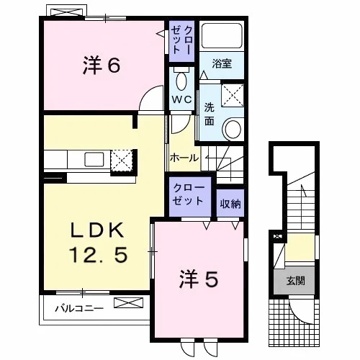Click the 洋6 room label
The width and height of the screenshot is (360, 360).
pyautogui.click(x=102, y=66)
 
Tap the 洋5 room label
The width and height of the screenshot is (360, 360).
pyautogui.click(x=199, y=279)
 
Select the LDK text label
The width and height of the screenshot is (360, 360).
pyautogui.click(x=97, y=230)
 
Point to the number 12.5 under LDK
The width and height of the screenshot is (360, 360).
pyautogui.click(x=98, y=255)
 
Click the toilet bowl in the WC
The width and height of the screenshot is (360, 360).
pyautogui.click(x=181, y=81)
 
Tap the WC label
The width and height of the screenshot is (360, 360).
pyautogui.click(x=181, y=99)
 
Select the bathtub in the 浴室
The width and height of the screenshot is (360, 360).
pyautogui.click(x=222, y=35)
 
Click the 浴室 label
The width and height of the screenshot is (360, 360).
pyautogui.click(x=222, y=64)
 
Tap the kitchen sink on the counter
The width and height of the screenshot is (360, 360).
pyautogui.click(x=94, y=160)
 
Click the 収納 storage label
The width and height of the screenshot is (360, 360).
pyautogui.click(x=230, y=204)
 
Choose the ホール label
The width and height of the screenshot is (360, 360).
pyautogui.click(x=184, y=158)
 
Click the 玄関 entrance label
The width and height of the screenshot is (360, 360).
pyautogui.click(x=295, y=280)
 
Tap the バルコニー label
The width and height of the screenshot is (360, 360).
pyautogui.click(x=79, y=308)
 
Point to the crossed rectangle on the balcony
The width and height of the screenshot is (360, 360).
pyautogui.click(x=128, y=302)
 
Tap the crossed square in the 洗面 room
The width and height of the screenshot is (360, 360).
pyautogui.click(x=233, y=95)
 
